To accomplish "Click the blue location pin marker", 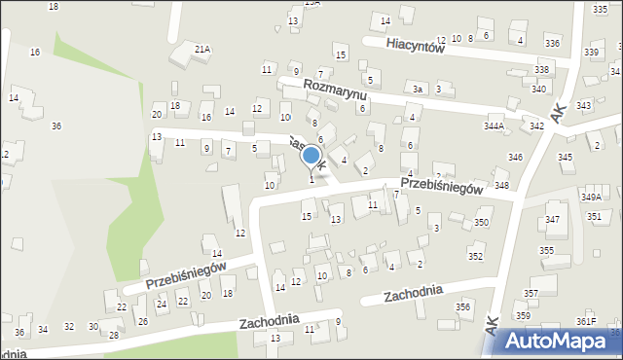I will click(311, 155).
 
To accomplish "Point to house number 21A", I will click(202, 48).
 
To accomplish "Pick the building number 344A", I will click(495, 126).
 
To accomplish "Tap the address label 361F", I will click(586, 321).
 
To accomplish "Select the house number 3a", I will click(417, 90).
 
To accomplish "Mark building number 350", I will click(481, 223).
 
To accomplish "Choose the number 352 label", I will click(475, 257).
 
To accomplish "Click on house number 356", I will click(463, 307).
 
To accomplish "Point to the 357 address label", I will click(531, 293).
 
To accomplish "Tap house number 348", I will click(501, 185).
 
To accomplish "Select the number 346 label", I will click(515, 157).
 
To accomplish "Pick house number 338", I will click(541, 70).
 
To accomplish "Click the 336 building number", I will click(552, 44).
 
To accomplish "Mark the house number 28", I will click(113, 335).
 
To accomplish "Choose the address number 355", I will click(547, 250).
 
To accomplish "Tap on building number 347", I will click(552, 220).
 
